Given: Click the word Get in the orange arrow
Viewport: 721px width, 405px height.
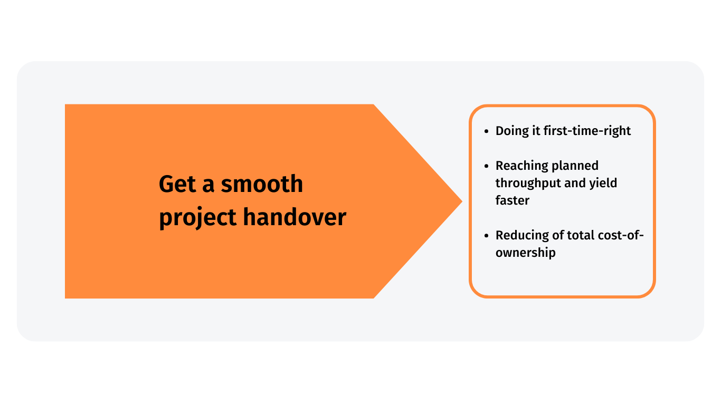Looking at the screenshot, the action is (x=177, y=184).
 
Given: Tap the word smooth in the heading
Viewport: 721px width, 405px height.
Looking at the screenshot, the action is (x=262, y=184).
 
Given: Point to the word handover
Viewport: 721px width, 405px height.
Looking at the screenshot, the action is (x=295, y=217).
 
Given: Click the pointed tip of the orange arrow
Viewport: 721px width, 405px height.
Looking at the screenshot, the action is (x=462, y=201).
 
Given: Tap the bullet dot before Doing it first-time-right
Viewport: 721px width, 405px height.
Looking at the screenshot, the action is (x=486, y=131).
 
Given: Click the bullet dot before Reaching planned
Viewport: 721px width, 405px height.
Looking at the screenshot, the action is (x=486, y=166).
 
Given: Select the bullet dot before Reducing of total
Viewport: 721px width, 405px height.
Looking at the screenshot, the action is (x=486, y=236).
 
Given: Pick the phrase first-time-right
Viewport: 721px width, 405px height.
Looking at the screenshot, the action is (x=587, y=131).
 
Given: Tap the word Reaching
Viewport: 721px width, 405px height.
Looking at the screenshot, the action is (x=521, y=166).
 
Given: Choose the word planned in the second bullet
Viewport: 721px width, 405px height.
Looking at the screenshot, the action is (x=575, y=166).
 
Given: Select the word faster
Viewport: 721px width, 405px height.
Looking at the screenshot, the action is (x=513, y=200).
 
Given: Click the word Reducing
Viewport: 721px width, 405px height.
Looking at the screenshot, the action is (x=522, y=236).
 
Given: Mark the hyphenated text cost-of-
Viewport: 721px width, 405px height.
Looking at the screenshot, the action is (x=621, y=236).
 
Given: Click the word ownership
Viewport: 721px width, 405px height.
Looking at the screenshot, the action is (x=526, y=253).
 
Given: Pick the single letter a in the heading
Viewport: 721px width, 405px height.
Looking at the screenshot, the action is (x=208, y=186).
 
